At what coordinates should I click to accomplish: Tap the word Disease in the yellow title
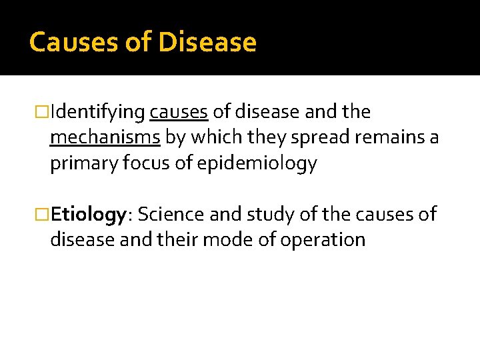point(207,43)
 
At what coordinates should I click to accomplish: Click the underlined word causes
point(179,112)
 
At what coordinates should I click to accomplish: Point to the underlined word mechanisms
point(105,138)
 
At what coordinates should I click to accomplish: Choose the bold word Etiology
point(89,215)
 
